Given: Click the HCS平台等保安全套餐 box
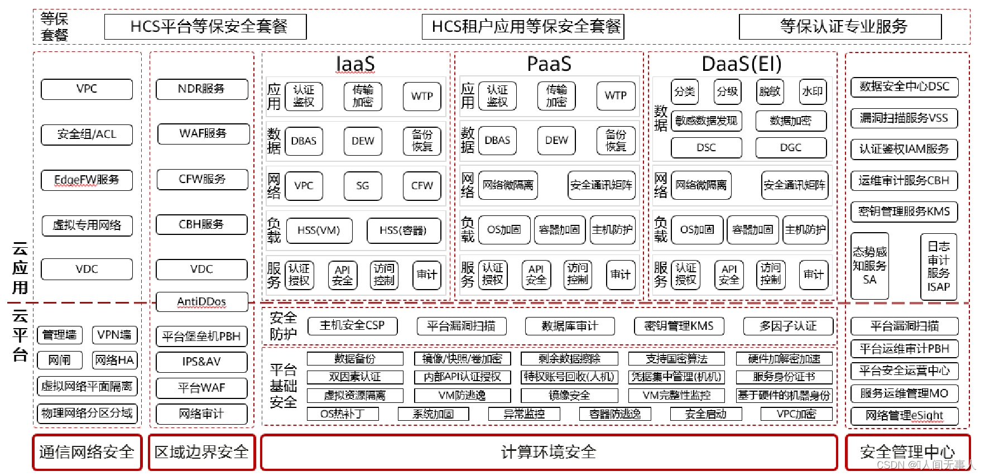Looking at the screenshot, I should coord(205,27).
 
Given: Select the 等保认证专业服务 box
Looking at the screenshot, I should coord(840,27).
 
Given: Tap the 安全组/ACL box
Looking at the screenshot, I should coord(87,134).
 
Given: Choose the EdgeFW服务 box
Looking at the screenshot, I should coord(87,180).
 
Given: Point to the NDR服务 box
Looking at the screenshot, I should coord(201,89).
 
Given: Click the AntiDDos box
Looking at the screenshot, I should coord(201,302).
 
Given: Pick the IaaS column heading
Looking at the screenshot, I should coord(355,64).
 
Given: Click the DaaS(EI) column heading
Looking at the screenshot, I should coord(741,64).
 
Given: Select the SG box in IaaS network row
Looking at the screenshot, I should coord(363,186).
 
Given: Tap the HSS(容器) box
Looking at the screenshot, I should coord(403,230).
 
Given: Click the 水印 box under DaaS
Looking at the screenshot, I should coord(812,92).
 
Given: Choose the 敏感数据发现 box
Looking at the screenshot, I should coord(706,121).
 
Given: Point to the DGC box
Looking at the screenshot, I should coord(791,148).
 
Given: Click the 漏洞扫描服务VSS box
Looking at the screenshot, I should coord(904,118).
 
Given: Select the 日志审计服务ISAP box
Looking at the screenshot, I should coord(938,267).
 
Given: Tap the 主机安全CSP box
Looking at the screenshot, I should coord(352,326).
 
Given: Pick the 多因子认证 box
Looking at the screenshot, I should coord(787,326).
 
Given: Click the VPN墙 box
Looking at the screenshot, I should coord(114,335).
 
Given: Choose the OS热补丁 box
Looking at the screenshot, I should coord(343,414).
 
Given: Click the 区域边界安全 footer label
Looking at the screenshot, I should coord(201,452).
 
